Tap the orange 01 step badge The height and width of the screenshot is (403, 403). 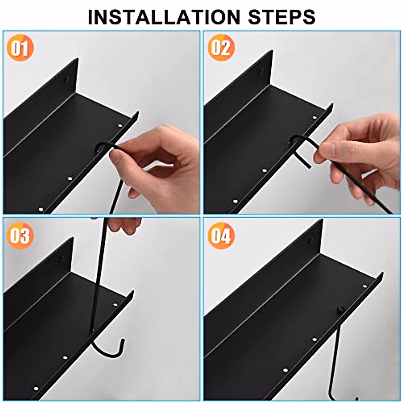coord(20,49)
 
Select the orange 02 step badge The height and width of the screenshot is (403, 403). coord(221,48)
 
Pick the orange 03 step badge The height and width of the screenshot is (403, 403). coord(20,235)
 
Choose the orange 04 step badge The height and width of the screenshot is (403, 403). coord(221,235)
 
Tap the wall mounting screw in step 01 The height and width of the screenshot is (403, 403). coord(67,80)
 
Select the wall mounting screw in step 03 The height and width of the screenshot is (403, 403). coord(62,259)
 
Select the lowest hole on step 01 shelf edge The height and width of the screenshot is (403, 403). coord(41,209)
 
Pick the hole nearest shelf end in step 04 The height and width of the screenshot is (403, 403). coord(364,286)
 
